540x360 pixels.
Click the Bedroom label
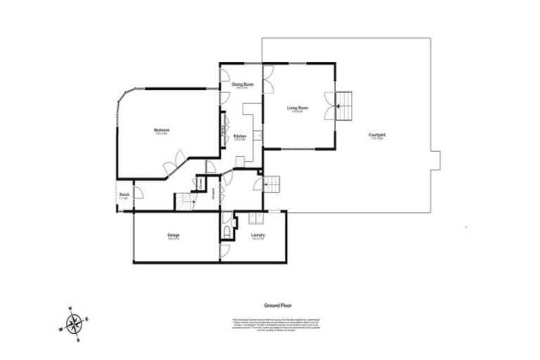(x=162, y=129)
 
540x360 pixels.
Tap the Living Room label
(x=297, y=108)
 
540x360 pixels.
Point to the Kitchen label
(x=240, y=136)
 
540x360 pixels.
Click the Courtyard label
(x=377, y=135)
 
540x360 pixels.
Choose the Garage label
(x=173, y=235)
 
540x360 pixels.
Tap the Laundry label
(x=257, y=235)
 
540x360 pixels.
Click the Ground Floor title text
(x=278, y=306)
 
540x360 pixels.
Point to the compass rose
(x=74, y=324)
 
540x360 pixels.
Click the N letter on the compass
(x=69, y=309)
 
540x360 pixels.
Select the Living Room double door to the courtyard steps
(x=328, y=105)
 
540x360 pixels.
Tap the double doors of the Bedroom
(x=174, y=164)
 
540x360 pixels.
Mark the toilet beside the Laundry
(x=226, y=231)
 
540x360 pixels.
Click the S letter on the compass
(x=79, y=340)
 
